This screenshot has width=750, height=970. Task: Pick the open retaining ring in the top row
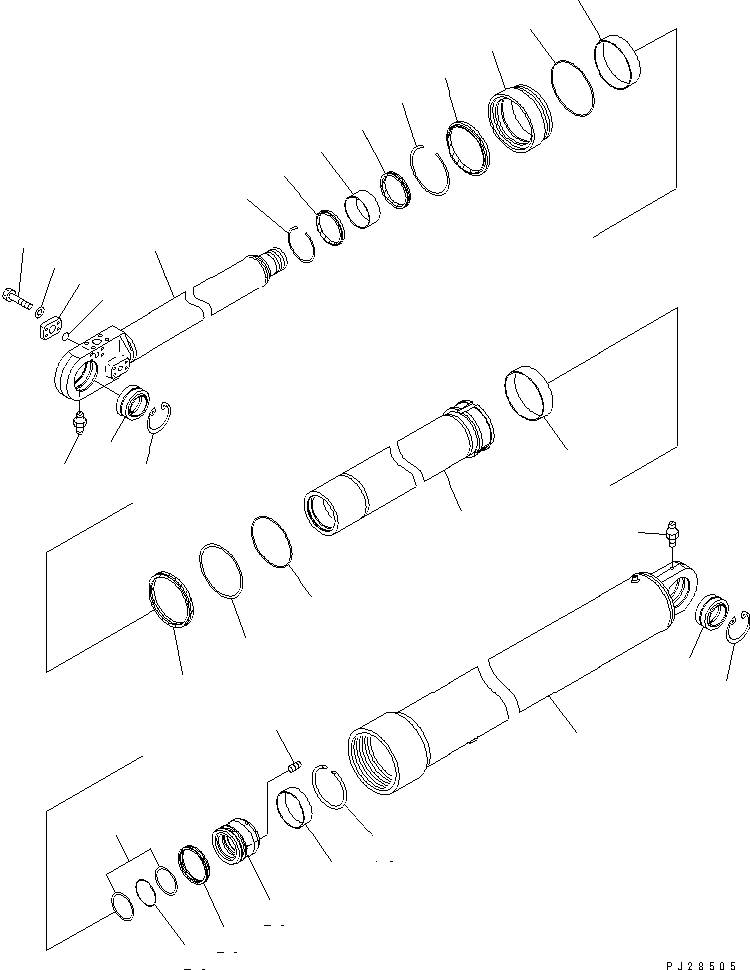[x=431, y=170]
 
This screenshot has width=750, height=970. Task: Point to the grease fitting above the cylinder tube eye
[x=668, y=535]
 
